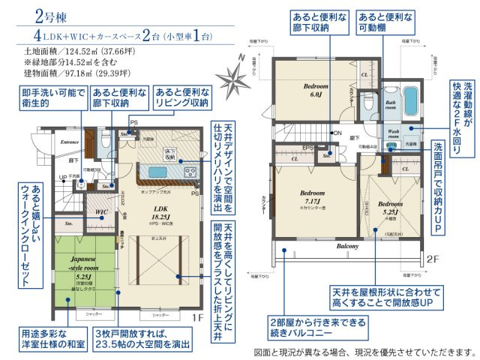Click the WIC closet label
(101, 211)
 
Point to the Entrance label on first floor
(70, 142)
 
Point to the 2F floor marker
(433, 258)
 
